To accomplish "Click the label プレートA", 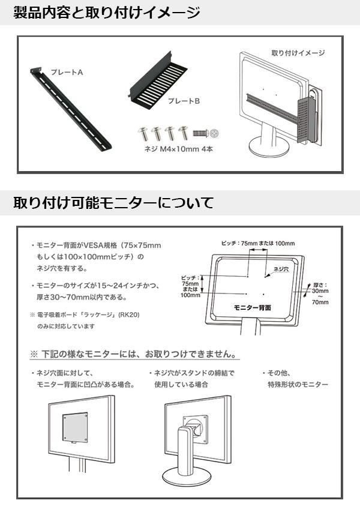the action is (x=67, y=72).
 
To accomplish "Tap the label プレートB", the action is (x=184, y=101).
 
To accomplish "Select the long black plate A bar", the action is (x=71, y=109).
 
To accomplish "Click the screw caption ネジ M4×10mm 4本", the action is (x=179, y=149).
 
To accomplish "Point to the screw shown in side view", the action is (x=200, y=133).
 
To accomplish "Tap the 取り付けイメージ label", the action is (x=298, y=53).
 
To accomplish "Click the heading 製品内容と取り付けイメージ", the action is (x=106, y=13).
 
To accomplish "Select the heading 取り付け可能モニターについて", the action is (x=113, y=202).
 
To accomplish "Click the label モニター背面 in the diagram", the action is (x=252, y=307).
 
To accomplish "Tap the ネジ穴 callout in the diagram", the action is (x=281, y=269).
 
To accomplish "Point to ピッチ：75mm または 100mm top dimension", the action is (x=258, y=243).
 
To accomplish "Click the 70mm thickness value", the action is (x=320, y=303).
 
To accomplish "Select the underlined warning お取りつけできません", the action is (x=191, y=354).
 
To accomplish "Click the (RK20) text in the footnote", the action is (x=128, y=315).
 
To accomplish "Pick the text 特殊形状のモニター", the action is (x=298, y=384).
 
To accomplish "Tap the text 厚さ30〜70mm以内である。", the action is (x=82, y=297).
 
